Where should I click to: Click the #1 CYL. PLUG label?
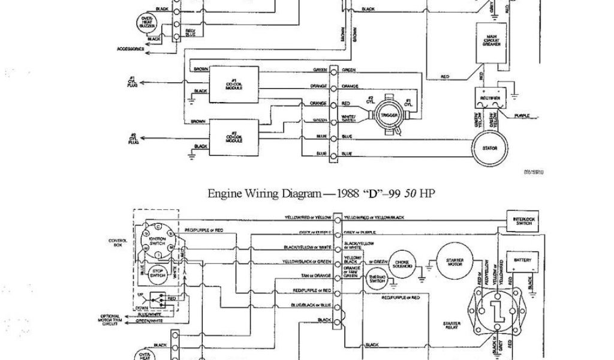pos(133,82)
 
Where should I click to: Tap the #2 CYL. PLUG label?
pos(133,140)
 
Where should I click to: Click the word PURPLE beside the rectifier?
pos(521,115)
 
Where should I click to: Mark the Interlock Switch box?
pos(522,221)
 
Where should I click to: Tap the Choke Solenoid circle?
pos(401,262)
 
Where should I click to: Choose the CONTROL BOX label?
pos(117,242)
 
